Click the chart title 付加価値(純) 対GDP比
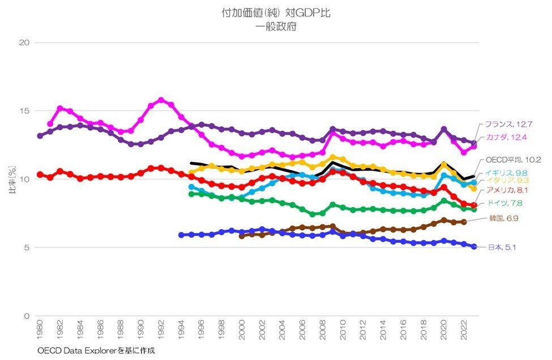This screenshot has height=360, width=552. click(276, 13)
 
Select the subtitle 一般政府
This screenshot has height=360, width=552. click(276, 26)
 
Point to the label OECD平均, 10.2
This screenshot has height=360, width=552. click(514, 160)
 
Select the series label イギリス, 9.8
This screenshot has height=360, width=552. click(506, 172)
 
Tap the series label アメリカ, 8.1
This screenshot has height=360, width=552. click(506, 190)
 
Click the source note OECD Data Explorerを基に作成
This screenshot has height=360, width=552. click(96, 351)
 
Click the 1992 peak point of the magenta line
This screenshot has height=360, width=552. click(161, 100)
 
